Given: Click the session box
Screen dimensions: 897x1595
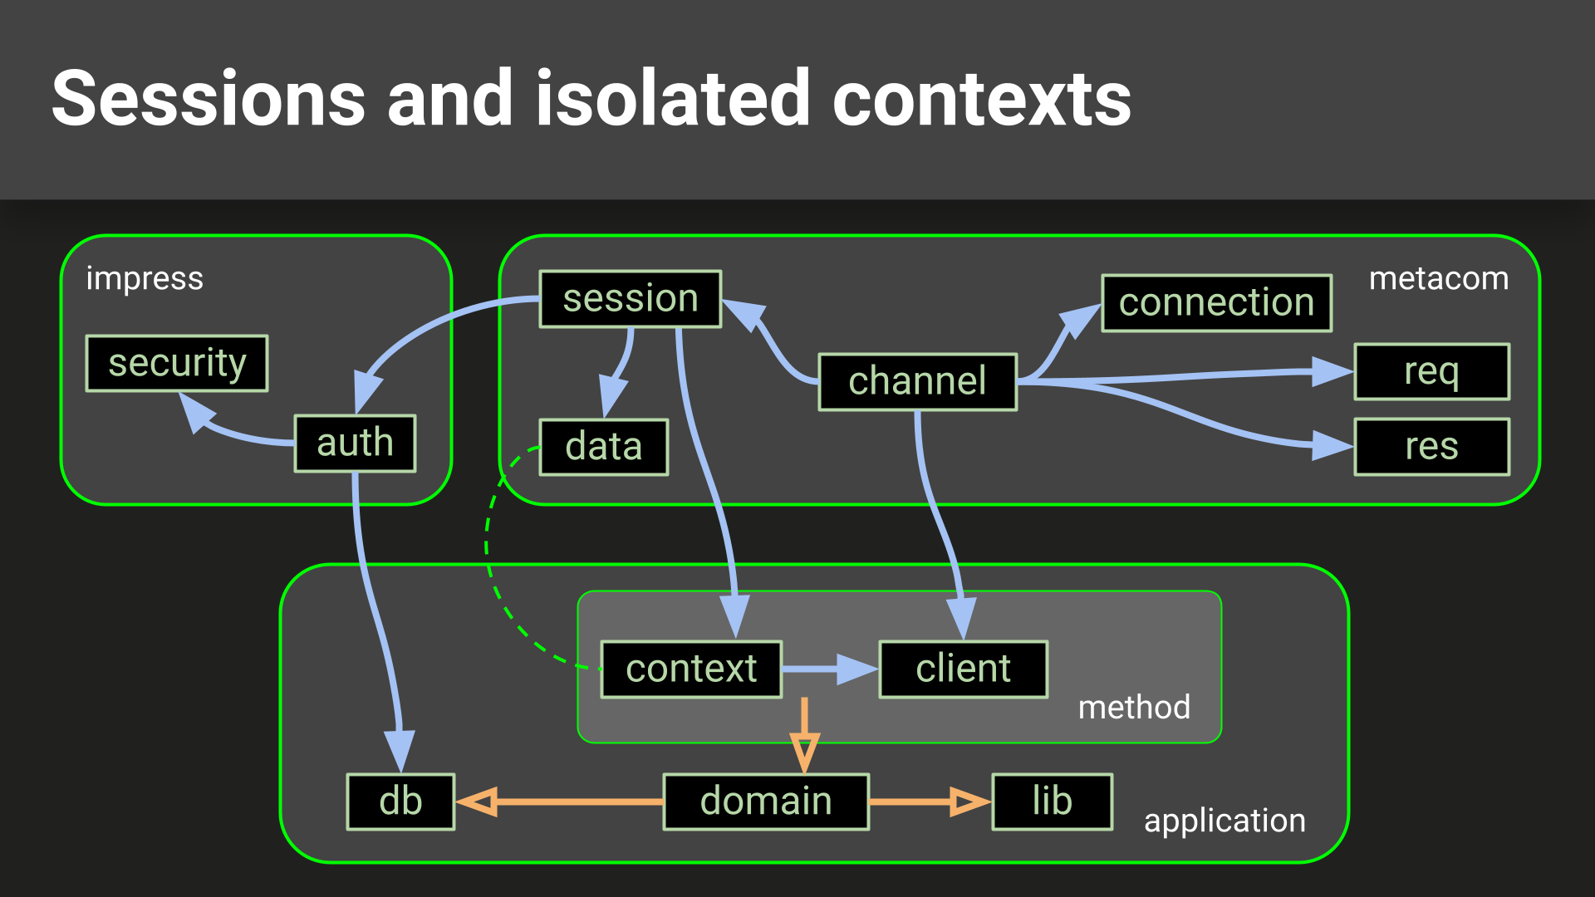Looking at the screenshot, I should pyautogui.click(x=631, y=299).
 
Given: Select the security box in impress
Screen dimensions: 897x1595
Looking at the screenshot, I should pyautogui.click(x=177, y=363).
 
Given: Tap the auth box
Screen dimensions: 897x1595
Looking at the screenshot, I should pyautogui.click(x=355, y=444).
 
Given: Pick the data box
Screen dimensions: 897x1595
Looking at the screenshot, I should pyautogui.click(x=604, y=447).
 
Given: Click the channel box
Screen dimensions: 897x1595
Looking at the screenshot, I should pyautogui.click(x=917, y=382).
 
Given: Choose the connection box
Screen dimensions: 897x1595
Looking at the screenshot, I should pyautogui.click(x=1216, y=303).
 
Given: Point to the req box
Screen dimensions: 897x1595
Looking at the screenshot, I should pyautogui.click(x=1431, y=371).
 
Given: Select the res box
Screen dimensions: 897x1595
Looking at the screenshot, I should pyautogui.click(x=1431, y=447).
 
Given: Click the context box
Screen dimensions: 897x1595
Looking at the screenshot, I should pyautogui.click(x=691, y=669).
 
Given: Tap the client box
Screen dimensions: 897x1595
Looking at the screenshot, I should pyautogui.click(x=963, y=669).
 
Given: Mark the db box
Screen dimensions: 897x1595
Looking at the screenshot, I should pyautogui.click(x=400, y=801).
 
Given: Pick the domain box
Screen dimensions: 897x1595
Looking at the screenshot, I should pyautogui.click(x=766, y=801).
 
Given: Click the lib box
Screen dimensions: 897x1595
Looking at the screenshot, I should pyautogui.click(x=1052, y=801).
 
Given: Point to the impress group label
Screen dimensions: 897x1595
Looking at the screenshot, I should pyautogui.click(x=145, y=279).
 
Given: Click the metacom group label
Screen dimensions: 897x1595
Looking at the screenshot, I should pyautogui.click(x=1438, y=279).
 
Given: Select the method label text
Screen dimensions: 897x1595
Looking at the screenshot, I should pyautogui.click(x=1133, y=708).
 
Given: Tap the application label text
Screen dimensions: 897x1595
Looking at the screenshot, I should pyautogui.click(x=1224, y=821).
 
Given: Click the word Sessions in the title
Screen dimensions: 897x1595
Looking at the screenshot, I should pyautogui.click(x=209, y=100).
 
